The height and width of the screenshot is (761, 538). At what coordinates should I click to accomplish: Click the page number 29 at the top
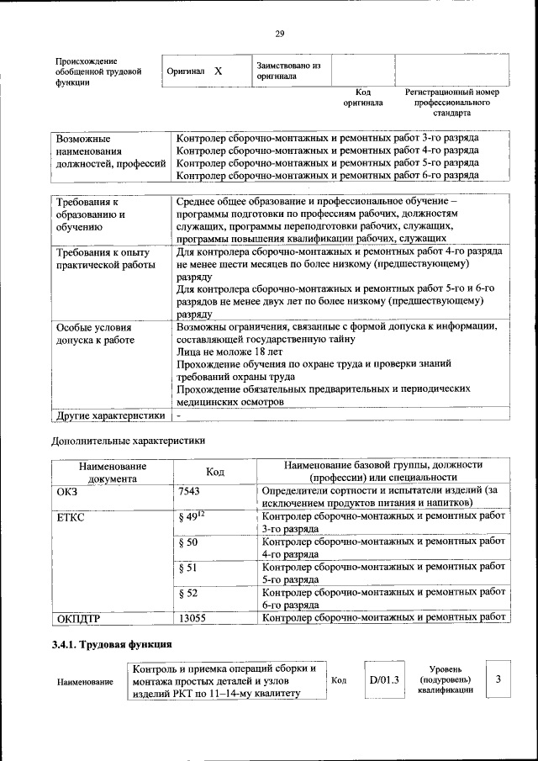pos(280,34)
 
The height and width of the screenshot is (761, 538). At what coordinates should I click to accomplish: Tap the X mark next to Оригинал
pos(218,71)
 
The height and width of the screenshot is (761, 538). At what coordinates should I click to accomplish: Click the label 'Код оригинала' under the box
pos(362,97)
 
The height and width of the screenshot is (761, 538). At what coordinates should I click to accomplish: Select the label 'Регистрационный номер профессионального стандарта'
pos(451,102)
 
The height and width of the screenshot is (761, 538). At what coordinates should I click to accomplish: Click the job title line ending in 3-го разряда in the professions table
pos(328,137)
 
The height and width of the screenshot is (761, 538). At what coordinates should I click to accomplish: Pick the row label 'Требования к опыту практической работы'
pos(102,258)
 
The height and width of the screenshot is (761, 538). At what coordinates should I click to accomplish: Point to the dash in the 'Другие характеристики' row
pos(179,415)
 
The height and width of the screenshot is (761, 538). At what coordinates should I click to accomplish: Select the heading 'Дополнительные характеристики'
pos(128,440)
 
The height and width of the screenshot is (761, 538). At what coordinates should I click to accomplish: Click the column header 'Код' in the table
pos(214,473)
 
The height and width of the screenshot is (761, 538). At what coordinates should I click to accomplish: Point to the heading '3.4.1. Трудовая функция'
pos(112,645)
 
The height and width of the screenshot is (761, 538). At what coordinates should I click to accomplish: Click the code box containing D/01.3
pos(382,679)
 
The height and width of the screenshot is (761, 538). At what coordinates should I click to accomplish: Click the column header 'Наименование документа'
pos(112,473)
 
